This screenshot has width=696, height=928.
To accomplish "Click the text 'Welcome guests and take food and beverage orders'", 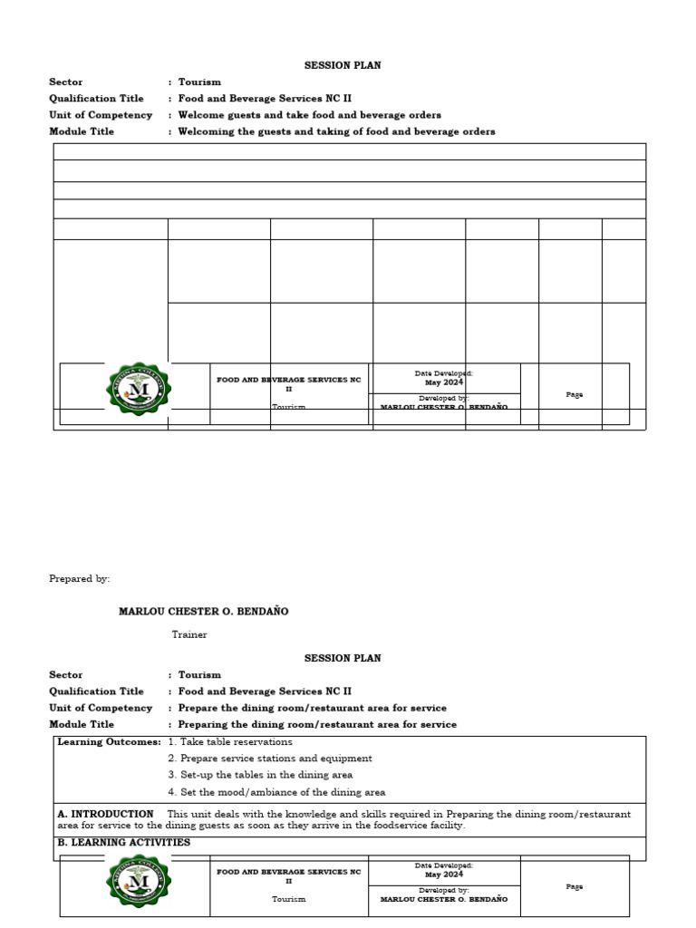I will point(309,115).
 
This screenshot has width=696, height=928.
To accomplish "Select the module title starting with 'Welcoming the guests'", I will point(336,131).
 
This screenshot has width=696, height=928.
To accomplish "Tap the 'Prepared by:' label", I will point(79,578).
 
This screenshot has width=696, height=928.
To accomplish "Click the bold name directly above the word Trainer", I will point(203,612).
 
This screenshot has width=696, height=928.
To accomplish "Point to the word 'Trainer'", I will point(189,634).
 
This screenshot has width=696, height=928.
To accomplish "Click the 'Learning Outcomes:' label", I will point(109,741).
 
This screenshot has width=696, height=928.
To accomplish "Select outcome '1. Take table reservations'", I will point(230,741).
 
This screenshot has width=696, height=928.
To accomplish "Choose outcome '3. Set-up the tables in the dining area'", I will point(260,775).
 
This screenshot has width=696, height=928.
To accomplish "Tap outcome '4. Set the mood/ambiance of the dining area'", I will point(276,791).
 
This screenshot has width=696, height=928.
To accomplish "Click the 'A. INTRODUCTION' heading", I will point(105,814).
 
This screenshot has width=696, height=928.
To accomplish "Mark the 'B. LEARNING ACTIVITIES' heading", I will point(123,842).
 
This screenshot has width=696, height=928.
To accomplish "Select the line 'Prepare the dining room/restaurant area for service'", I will point(312,708).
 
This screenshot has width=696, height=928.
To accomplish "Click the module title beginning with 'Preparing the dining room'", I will point(317,724).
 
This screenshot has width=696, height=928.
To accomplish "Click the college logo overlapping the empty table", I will point(138,389).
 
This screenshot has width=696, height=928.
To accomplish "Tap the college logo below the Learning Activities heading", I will point(138,882).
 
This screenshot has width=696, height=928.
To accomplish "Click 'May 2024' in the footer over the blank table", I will point(444,382).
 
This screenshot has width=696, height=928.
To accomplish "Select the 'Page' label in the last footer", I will point(574,886).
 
